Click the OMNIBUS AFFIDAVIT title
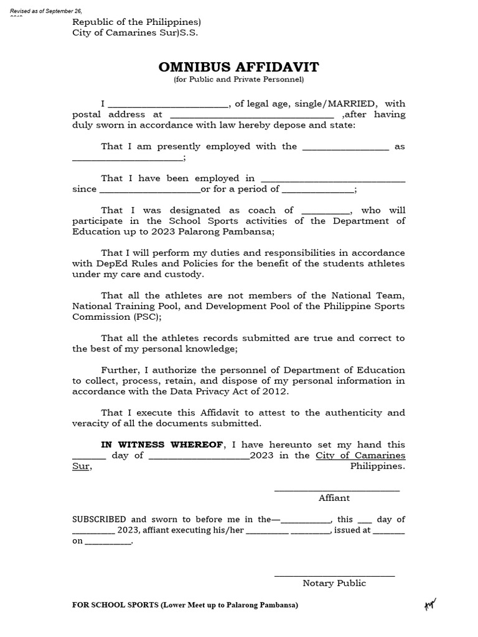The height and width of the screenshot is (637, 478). click(x=238, y=67)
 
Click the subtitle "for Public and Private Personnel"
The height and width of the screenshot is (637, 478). click(x=238, y=80)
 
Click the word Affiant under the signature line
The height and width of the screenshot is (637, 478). click(x=334, y=498)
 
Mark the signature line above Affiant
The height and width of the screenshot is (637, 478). click(x=337, y=490)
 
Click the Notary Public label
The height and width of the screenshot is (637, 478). click(x=334, y=583)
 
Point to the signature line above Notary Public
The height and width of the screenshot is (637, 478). click(x=334, y=575)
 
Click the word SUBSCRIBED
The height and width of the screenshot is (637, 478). click(x=99, y=519)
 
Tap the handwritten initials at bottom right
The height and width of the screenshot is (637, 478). click(x=430, y=604)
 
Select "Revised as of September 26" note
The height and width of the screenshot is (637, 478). click(x=47, y=12)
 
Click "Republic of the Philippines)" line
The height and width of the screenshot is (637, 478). click(x=136, y=22)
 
